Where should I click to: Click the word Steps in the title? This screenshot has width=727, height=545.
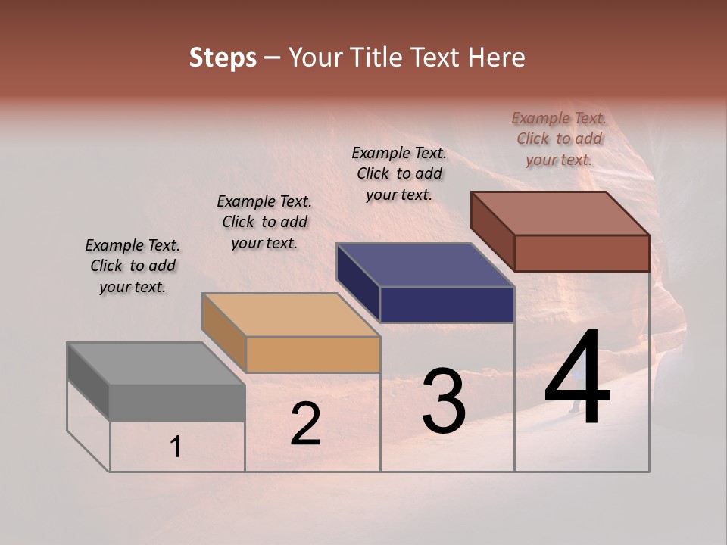pos(223,58)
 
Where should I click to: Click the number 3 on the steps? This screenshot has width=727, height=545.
pos(444,401)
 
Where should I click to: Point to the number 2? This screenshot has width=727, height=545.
pos(305,425)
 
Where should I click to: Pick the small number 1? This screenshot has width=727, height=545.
pos(175,447)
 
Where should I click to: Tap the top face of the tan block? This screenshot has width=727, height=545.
pos(291,314)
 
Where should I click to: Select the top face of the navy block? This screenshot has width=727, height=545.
pos(426,265)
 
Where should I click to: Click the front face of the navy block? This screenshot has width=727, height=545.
pos(447,305)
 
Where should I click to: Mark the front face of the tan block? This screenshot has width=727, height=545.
pos(313,354)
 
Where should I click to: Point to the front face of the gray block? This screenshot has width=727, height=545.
pos(177,403)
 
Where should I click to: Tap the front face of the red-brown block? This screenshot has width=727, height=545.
pos(582,253)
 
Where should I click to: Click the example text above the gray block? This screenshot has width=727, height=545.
pos(133,266)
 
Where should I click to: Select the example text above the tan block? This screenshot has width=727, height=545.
pos(264,222)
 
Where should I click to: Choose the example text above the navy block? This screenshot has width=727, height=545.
pos(399,173)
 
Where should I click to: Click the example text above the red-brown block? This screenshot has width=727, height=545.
pos(559,139)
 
